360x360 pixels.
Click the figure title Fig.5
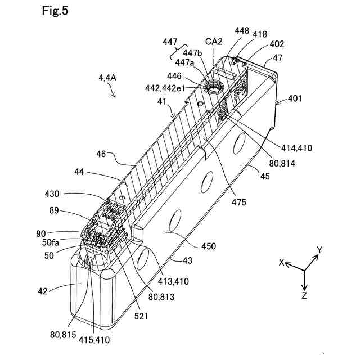pyautogui.click(x=55, y=11)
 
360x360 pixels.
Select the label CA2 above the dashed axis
pyautogui.click(x=214, y=41)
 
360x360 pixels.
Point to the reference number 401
pyautogui.click(x=295, y=98)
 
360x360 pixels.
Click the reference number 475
pyautogui.click(x=238, y=202)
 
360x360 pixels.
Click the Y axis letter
pyautogui.click(x=319, y=250)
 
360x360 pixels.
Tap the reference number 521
pyautogui.click(x=141, y=316)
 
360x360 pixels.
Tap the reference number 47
pyautogui.click(x=278, y=57)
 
